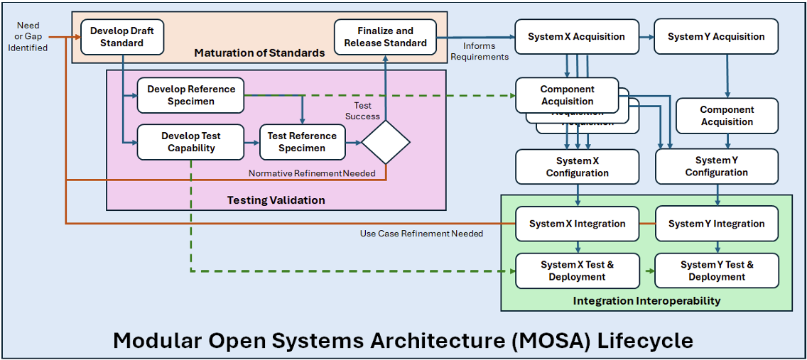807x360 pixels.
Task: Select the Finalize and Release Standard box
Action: pyautogui.click(x=385, y=37)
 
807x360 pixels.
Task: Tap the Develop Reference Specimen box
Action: pyautogui.click(x=191, y=95)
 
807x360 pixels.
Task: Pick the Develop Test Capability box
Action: pyautogui.click(x=191, y=142)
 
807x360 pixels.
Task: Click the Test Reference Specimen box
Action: pyautogui.click(x=302, y=142)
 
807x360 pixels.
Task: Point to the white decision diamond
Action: pyautogui.click(x=386, y=142)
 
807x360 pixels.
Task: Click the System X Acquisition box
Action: pyautogui.click(x=576, y=37)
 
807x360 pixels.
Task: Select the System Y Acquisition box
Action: pyautogui.click(x=716, y=37)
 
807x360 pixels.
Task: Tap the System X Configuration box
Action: pyautogui.click(x=577, y=167)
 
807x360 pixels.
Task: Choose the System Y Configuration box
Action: pyautogui.click(x=716, y=166)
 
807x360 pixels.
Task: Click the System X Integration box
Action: pyautogui.click(x=577, y=224)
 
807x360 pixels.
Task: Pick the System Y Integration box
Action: pyautogui.click(x=716, y=224)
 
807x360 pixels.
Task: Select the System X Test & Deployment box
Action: pyautogui.click(x=577, y=271)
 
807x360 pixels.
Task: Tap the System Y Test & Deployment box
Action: pyautogui.click(x=716, y=271)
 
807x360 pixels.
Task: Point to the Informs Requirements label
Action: pyautogui.click(x=480, y=51)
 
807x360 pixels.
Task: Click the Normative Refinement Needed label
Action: pyautogui.click(x=312, y=173)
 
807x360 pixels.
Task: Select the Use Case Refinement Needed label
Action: pyautogui.click(x=421, y=234)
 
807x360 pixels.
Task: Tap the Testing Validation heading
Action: pyautogui.click(x=276, y=200)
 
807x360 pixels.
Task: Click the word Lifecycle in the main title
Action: pyautogui.click(x=644, y=340)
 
